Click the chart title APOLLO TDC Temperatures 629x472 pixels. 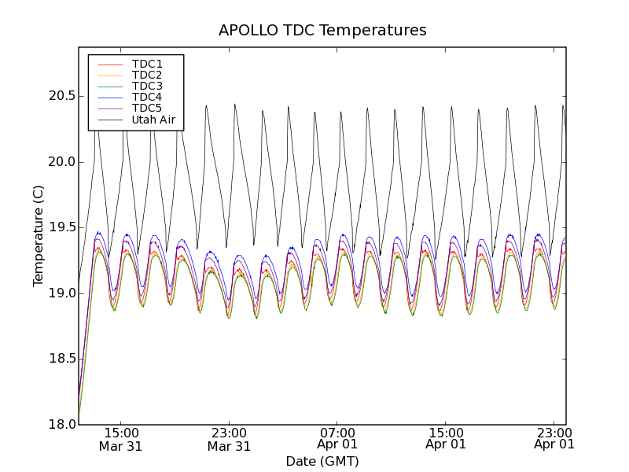322,31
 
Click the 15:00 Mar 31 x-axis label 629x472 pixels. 120,439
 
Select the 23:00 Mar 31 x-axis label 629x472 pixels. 229,439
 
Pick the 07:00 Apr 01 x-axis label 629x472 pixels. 337,439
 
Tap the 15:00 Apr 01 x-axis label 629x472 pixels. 446,439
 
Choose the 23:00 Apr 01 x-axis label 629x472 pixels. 554,439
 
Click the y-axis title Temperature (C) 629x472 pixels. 39,236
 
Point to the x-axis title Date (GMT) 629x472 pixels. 322,461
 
